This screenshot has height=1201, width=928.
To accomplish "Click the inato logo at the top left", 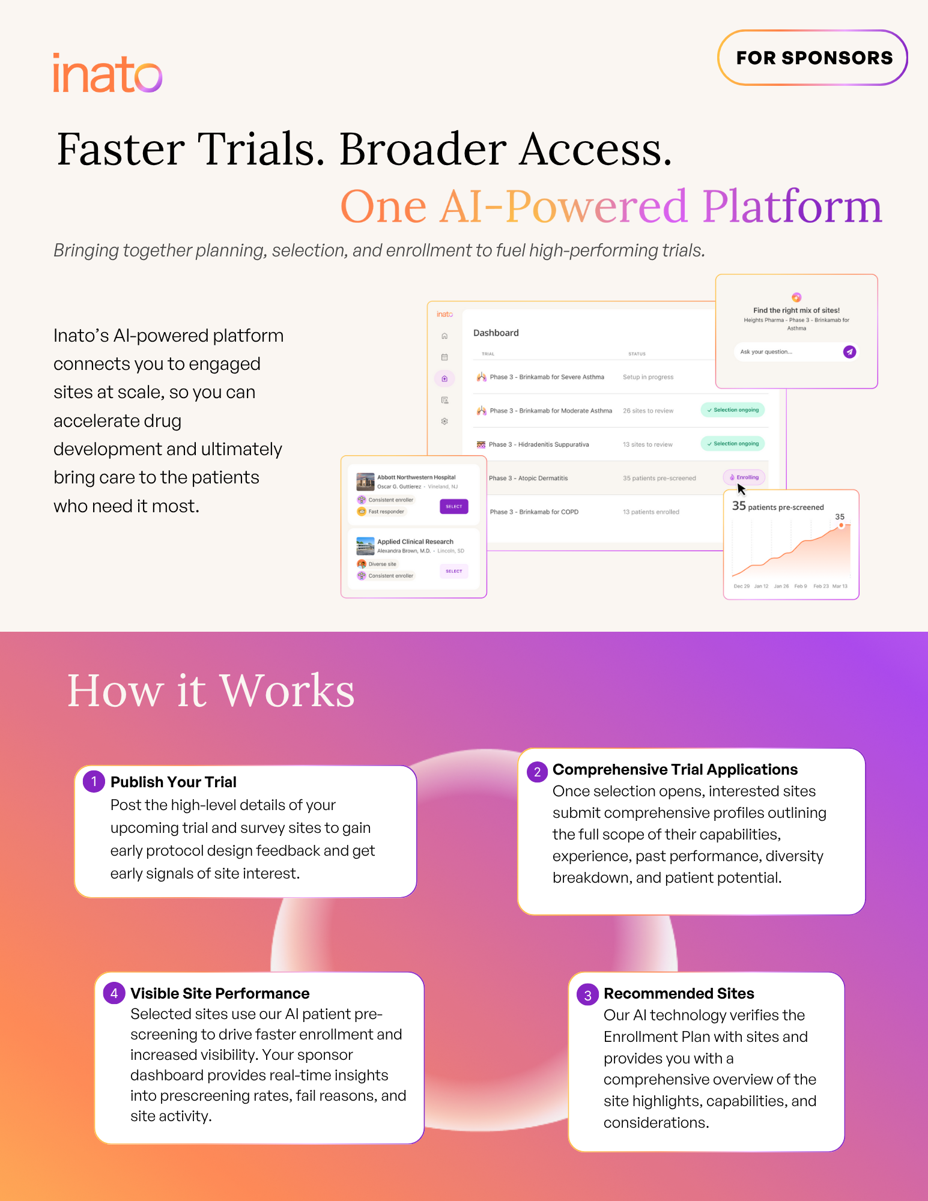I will pos(108,73).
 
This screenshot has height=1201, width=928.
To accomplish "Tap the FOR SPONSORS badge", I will pos(813,58).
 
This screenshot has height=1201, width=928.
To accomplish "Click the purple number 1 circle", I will pos(94,781).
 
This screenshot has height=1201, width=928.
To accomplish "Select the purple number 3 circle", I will pos(587,994).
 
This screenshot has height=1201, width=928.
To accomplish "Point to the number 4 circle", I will pos(114,993).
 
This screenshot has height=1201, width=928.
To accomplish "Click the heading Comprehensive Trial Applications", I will pos(675,770).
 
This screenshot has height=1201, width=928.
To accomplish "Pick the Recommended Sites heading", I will pos(679,993).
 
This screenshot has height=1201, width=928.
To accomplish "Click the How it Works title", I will pos(211,691).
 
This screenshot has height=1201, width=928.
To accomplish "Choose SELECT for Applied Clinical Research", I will pos(453,571).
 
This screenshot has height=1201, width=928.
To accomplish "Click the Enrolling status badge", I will pos(744,477).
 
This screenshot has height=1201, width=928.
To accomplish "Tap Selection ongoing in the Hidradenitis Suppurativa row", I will pos(733,444).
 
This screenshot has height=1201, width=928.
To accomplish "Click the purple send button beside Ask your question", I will pos(849,352).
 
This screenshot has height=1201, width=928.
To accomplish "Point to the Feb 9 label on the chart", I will pos(800,586).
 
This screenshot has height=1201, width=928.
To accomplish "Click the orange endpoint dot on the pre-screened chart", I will pos(841,525).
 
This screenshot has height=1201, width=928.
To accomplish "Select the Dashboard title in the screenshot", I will pos(496,333).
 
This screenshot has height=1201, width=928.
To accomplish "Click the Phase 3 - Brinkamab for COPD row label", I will pos(534,512).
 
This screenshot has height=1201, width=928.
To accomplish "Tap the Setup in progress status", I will pos(648,377).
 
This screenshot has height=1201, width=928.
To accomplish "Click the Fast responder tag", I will pos(386,512).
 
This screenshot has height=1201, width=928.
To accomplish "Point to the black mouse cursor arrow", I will pos(741,489).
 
